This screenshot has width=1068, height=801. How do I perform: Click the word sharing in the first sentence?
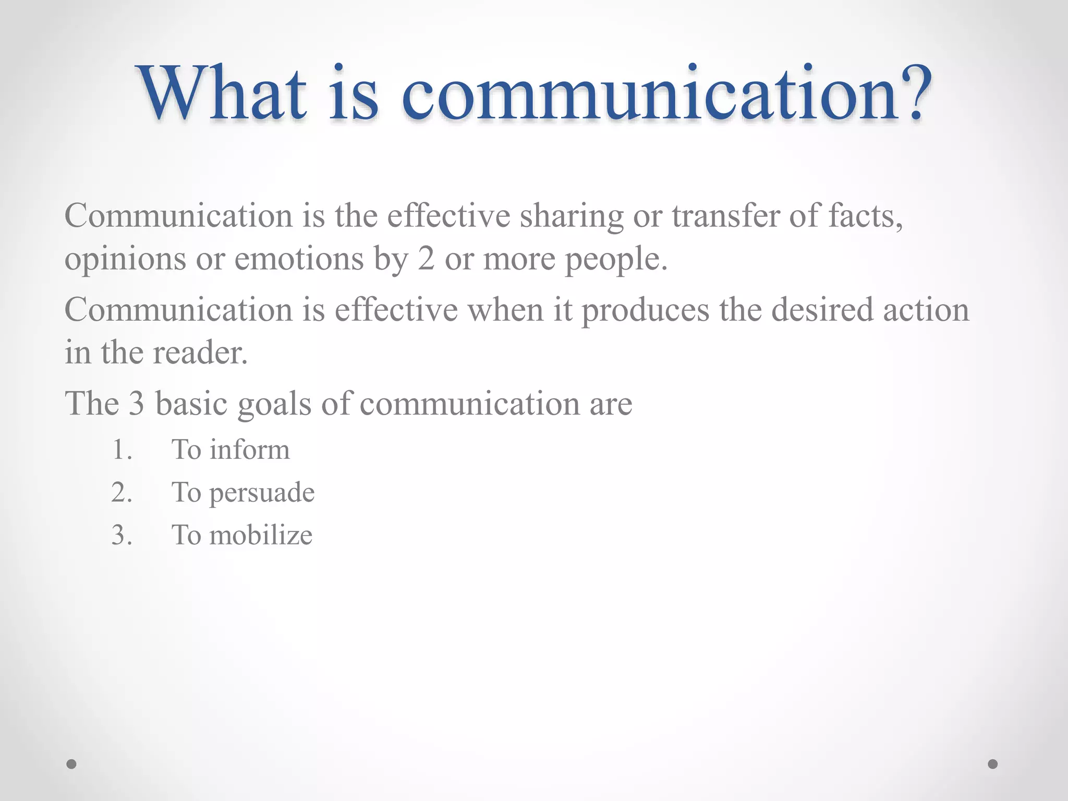(x=572, y=216)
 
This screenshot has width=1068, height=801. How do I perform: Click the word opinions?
(x=125, y=259)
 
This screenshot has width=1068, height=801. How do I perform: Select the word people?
(x=615, y=259)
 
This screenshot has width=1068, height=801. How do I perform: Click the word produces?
(x=645, y=311)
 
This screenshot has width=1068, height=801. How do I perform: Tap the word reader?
(x=200, y=353)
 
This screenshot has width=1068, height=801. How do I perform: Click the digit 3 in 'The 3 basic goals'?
(x=136, y=404)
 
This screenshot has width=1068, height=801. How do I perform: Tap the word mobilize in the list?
(x=261, y=535)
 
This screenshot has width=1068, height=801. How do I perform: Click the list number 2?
(x=121, y=493)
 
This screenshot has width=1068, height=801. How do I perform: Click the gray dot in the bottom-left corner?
(x=71, y=764)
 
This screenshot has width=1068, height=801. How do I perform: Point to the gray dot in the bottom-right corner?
(x=993, y=764)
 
